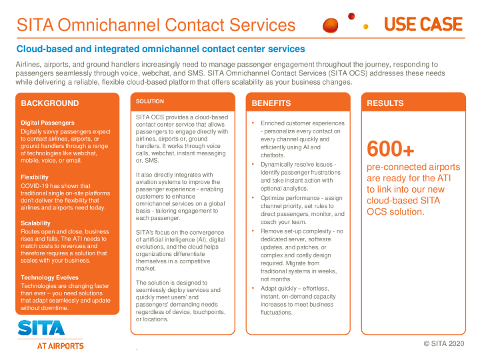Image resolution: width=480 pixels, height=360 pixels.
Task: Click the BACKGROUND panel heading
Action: point(50,103)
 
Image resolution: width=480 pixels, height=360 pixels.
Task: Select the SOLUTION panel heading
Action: point(150,101)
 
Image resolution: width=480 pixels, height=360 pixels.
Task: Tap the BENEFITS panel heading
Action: point(271,103)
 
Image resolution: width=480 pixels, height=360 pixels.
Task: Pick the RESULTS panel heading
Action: point(385,103)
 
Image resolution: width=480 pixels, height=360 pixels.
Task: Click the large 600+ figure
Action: point(391,148)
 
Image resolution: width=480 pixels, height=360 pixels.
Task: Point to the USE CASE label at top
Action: point(423,25)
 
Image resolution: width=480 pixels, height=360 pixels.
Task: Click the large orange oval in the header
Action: point(331,26)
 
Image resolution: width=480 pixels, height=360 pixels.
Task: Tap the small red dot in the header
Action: point(351,16)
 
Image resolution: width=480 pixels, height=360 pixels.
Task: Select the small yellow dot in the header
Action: point(365,27)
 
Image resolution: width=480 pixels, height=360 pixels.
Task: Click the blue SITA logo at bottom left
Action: point(41,328)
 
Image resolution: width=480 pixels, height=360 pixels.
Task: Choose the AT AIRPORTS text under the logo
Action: point(60,346)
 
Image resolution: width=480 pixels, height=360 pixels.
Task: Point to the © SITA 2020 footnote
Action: point(443,343)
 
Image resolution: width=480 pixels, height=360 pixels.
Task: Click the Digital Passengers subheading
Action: point(47,123)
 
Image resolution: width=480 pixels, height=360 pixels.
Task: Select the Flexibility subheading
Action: point(35,177)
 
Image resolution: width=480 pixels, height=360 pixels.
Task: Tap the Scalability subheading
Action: point(36,223)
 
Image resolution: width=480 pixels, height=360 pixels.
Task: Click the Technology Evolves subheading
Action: point(49,277)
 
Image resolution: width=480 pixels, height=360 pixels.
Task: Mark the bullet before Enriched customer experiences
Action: point(253,123)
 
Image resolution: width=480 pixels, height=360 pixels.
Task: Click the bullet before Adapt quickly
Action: point(253,288)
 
